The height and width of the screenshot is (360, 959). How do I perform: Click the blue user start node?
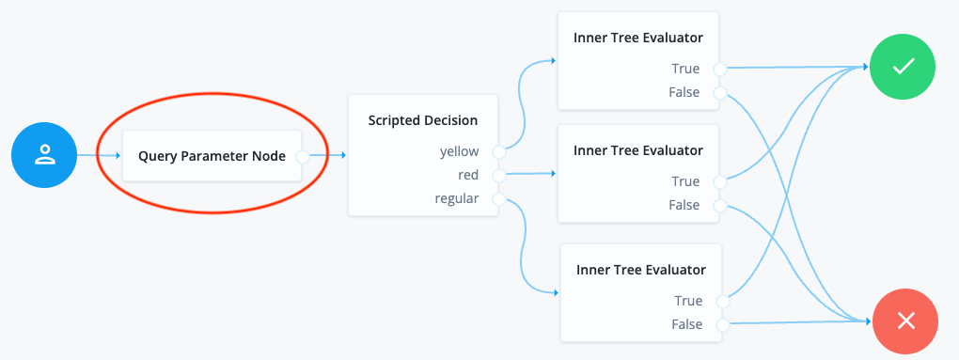(44, 155)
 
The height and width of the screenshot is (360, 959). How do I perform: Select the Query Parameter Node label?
(212, 156)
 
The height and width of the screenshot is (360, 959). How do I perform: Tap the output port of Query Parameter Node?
(302, 156)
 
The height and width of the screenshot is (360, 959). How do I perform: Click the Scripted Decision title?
(423, 120)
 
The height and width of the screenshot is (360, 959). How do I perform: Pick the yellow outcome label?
(459, 150)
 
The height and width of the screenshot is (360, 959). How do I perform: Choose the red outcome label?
(467, 175)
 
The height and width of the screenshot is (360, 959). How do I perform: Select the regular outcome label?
(456, 198)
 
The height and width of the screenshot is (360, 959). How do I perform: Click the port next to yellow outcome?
(498, 150)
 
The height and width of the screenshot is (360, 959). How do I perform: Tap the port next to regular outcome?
(498, 198)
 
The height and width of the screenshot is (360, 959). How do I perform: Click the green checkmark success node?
(903, 68)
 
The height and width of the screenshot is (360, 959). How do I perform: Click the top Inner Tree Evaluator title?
(638, 38)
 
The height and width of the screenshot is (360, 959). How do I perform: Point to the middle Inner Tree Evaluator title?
(638, 149)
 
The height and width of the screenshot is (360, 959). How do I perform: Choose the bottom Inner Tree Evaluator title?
(641, 270)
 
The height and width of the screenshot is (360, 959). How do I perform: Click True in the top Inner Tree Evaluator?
(685, 69)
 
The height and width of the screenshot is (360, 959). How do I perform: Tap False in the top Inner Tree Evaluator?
(684, 92)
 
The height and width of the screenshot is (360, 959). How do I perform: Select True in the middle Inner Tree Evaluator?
(685, 181)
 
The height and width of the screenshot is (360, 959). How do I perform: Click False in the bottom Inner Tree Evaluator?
(687, 324)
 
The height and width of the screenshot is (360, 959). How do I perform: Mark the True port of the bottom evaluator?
(722, 301)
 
